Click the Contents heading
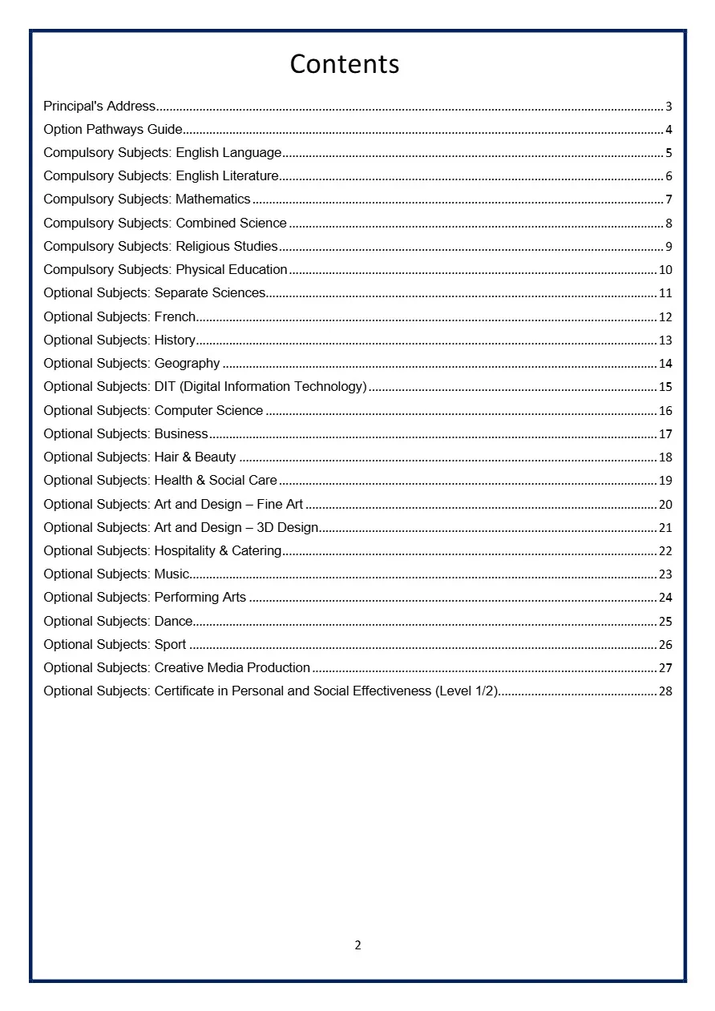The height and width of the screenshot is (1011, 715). (345, 64)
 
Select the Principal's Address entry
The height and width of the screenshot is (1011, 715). (99, 106)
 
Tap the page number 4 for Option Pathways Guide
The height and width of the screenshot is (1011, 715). (669, 130)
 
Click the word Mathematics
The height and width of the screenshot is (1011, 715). (213, 199)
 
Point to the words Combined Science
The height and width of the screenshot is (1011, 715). (231, 223)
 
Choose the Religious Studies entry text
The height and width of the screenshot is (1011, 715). (227, 246)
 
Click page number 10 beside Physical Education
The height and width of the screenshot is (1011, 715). (665, 270)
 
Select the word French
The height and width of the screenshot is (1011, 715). (175, 316)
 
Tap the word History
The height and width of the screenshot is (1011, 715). (175, 340)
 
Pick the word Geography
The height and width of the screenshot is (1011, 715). (187, 364)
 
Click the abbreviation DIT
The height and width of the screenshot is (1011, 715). (164, 387)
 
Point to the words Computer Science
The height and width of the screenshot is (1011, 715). (208, 410)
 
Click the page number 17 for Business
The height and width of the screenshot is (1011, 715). (665, 434)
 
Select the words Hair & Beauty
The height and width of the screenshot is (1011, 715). (195, 457)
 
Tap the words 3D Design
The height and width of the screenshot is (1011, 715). (287, 527)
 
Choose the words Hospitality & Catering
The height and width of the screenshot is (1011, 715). (218, 550)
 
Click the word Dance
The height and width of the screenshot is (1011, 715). (173, 621)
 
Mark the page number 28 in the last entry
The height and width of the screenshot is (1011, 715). (665, 691)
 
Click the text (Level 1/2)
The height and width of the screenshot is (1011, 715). (467, 691)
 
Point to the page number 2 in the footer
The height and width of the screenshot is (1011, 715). (357, 945)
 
